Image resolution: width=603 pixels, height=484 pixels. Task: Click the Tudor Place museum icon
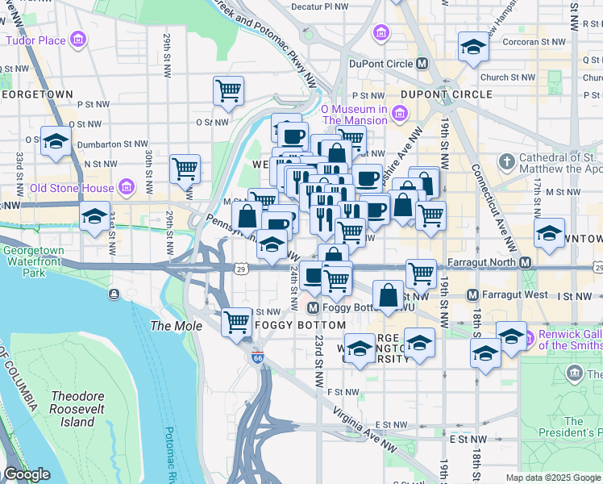click(x=78, y=40)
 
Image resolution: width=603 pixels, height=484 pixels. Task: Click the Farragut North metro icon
click(x=525, y=263)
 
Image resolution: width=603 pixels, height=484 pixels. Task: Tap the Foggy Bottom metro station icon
click(x=314, y=307)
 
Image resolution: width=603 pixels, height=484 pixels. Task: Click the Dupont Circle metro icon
click(x=422, y=64)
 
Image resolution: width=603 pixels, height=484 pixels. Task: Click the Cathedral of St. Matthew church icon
click(x=506, y=163)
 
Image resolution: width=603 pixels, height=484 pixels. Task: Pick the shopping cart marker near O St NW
click(x=229, y=90)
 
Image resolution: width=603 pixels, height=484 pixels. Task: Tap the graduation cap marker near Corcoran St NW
click(x=472, y=47)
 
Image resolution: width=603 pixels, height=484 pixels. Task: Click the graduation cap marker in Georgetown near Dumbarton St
click(x=56, y=142)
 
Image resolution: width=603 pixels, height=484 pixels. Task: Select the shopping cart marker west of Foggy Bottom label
click(x=236, y=321)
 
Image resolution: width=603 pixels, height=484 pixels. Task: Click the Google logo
click(x=26, y=474)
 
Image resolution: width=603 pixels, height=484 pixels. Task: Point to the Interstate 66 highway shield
click(x=256, y=357)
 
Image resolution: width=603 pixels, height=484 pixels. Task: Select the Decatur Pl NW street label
click(x=320, y=6)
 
